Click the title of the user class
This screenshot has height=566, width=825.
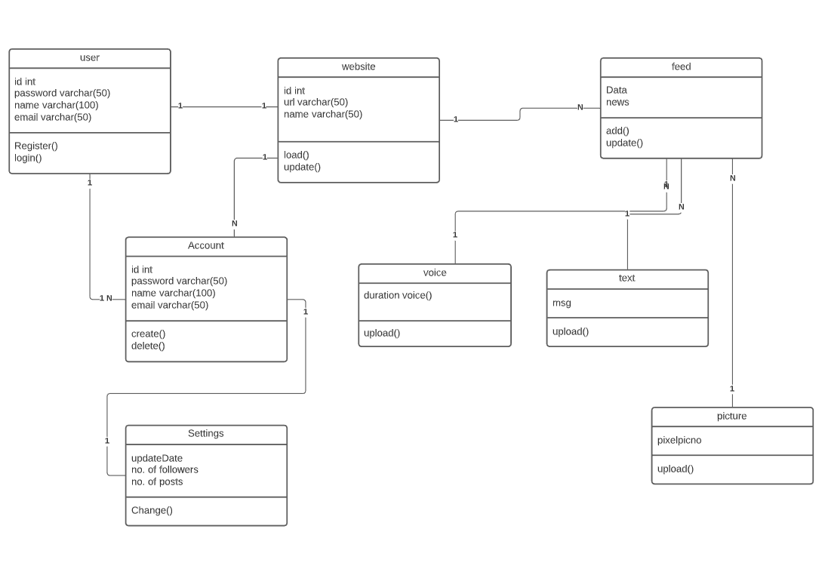tap(89, 58)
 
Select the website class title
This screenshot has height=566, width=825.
tap(358, 67)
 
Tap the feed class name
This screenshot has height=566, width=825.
tap(681, 67)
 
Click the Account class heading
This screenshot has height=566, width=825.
tap(206, 246)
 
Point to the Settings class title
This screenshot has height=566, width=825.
tap(206, 434)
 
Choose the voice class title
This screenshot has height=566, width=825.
tap(435, 273)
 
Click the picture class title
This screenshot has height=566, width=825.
tap(731, 417)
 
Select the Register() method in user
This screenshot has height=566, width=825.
tap(35, 146)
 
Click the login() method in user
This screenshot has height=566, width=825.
tap(28, 158)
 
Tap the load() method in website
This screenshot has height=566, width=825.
tap(297, 155)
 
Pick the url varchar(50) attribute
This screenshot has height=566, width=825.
tap(316, 102)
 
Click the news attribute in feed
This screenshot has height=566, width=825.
tap(617, 102)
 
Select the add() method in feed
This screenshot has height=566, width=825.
tap(617, 131)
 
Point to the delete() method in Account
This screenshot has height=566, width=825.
tap(148, 346)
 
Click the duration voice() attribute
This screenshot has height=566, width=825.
tap(398, 295)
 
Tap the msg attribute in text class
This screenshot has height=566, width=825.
tap(562, 303)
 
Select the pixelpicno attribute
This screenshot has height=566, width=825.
tap(679, 440)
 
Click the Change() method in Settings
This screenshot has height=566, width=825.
tap(152, 510)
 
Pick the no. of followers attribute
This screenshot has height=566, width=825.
tap(165, 469)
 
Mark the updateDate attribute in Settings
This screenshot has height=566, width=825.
tap(157, 458)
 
